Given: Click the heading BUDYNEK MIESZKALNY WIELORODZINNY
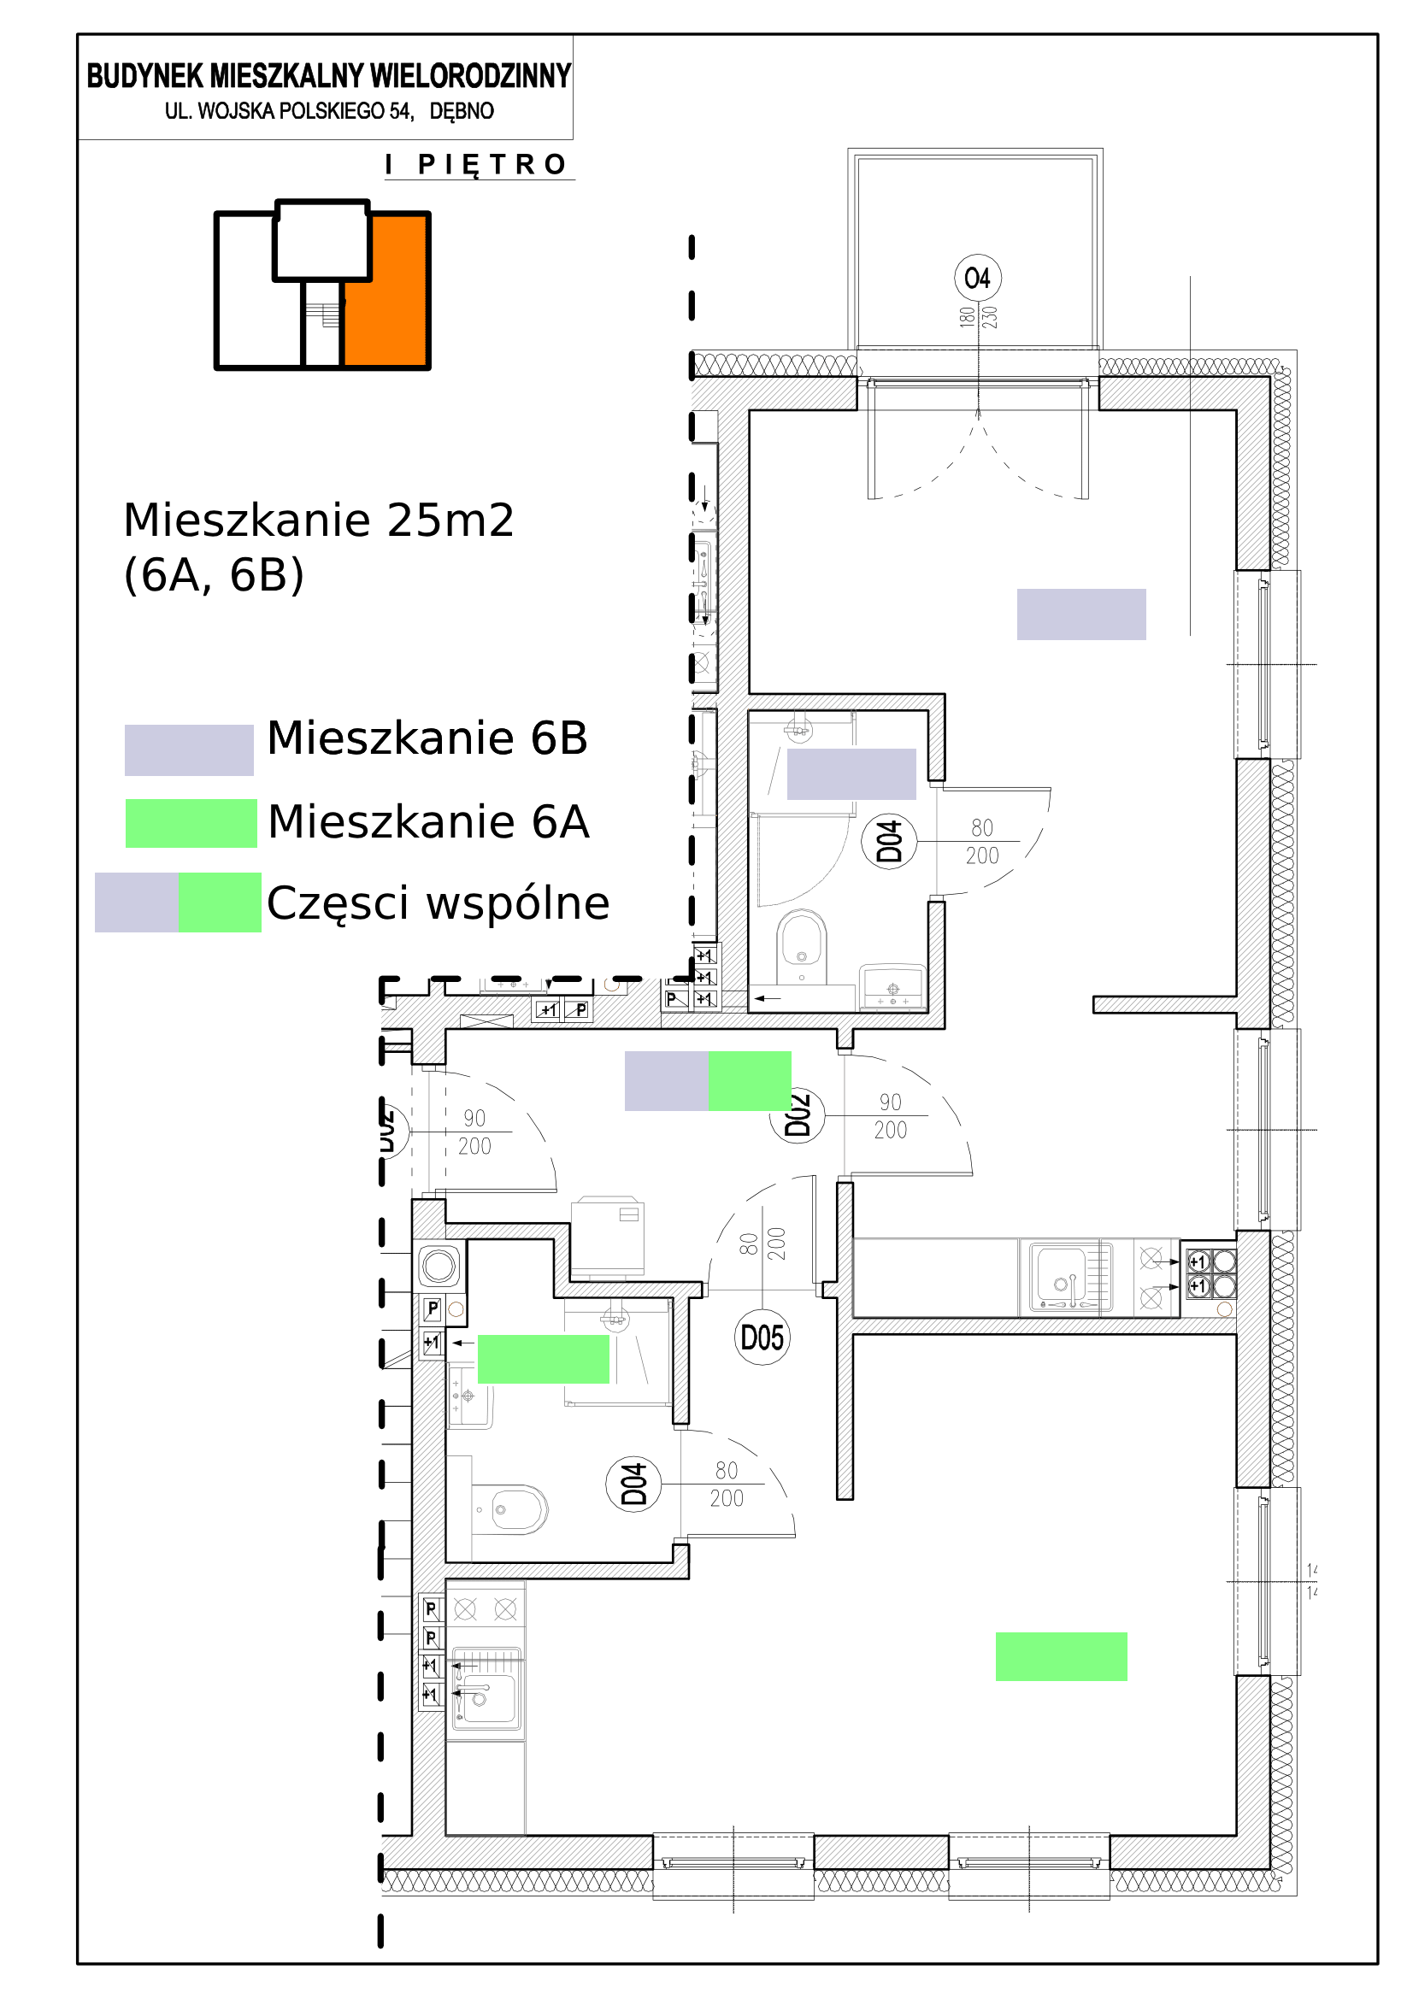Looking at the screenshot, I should point(328,77).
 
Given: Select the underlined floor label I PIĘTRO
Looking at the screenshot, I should point(478,165).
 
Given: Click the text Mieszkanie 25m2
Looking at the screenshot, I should point(319,520).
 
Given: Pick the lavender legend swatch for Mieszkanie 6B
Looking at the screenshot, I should point(189,750).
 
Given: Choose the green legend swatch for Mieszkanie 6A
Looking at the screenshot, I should point(191,823).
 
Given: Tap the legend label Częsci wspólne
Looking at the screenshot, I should point(438,902).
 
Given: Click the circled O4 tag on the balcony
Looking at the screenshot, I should point(977,279).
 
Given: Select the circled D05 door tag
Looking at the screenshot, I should point(762,1338).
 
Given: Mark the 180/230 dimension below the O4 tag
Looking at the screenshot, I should point(978,316).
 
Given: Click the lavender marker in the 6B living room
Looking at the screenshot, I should point(1080,614).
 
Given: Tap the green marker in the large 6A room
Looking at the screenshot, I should point(1061,1656).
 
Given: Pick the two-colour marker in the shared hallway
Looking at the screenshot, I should point(707,1080).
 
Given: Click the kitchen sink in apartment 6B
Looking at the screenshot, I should point(1068,1278).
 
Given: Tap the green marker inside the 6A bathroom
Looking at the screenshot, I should point(543,1359).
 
